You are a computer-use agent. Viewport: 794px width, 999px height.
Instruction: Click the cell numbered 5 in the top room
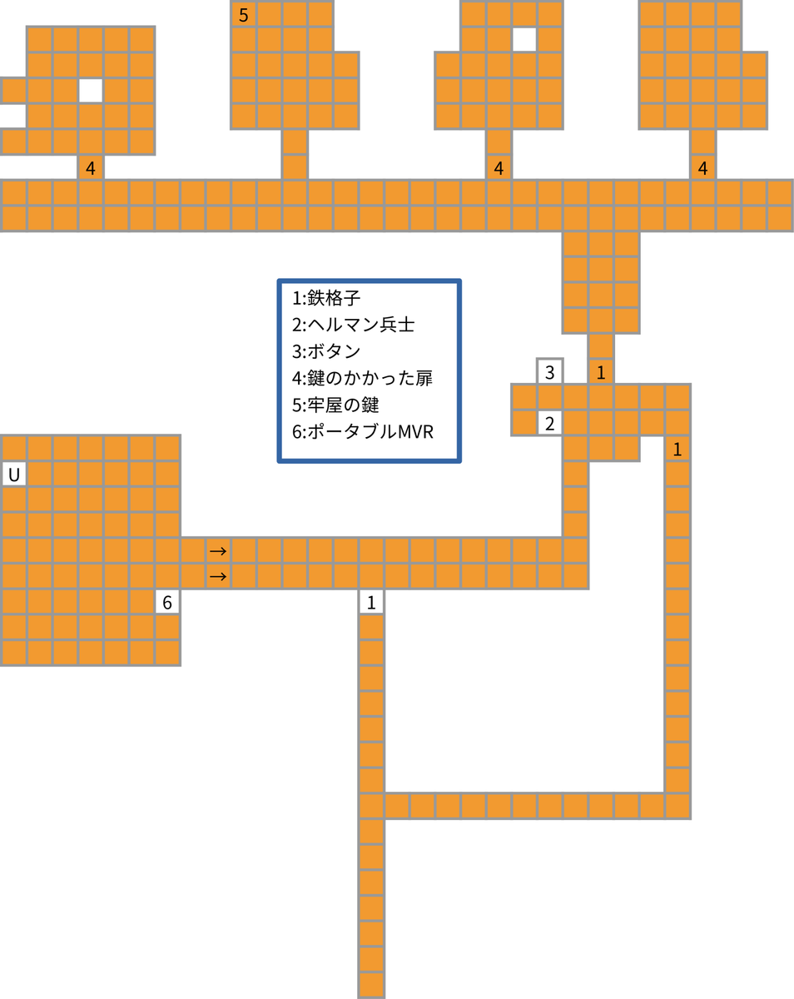pos(243,14)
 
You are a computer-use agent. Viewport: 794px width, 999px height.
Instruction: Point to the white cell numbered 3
pos(549,372)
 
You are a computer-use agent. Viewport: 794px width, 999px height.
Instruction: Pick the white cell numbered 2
pos(549,423)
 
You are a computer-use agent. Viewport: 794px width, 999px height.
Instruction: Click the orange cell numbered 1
pos(601,372)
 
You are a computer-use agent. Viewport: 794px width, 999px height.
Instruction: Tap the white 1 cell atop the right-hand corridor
pos(677,450)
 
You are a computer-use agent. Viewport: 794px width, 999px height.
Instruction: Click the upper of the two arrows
pos(218,551)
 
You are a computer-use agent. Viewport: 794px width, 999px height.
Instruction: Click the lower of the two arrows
pos(218,576)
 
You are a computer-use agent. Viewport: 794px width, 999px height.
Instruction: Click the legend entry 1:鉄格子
pos(326,298)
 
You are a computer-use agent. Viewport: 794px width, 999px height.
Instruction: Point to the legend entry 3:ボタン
pos(326,351)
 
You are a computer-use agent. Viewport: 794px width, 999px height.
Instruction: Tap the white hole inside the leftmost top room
pos(90,91)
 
